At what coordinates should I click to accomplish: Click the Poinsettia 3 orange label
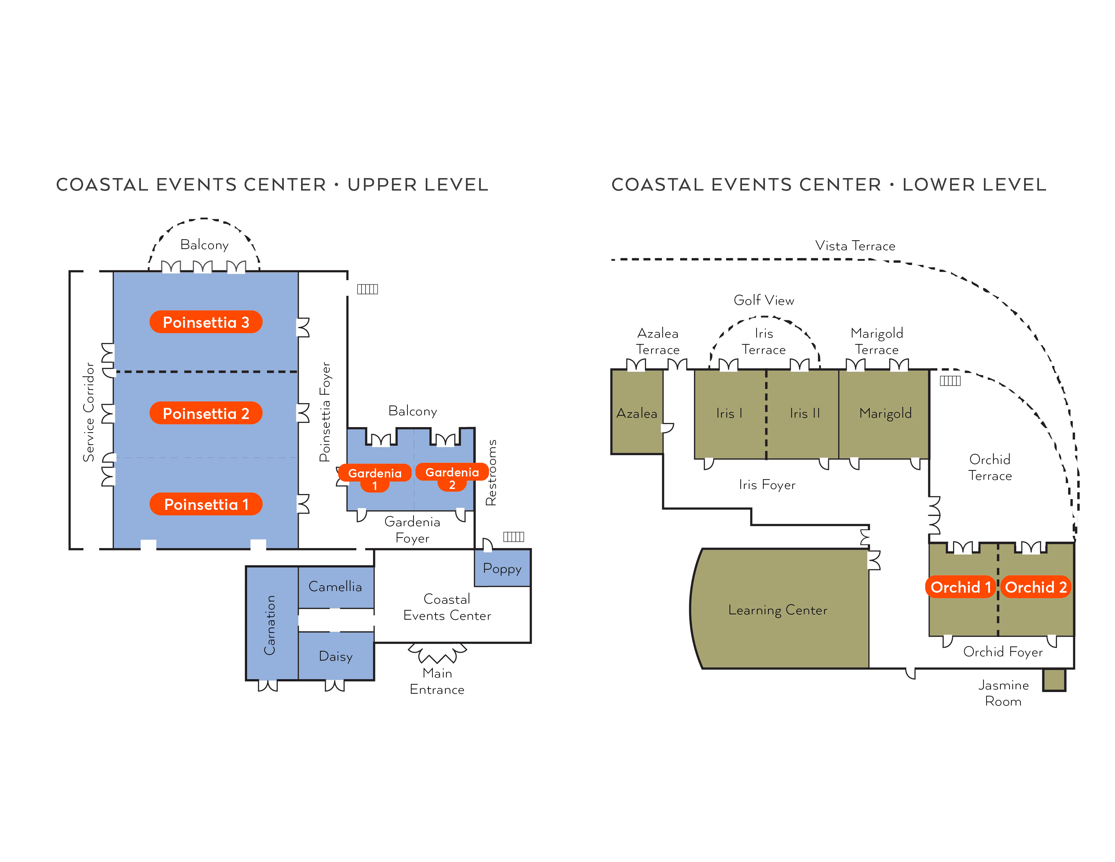206,322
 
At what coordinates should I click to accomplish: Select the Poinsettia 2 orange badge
206,413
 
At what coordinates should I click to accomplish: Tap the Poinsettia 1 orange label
206,504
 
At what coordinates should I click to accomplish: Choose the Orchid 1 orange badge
960,587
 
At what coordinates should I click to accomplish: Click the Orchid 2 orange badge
1035,587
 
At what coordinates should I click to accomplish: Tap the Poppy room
502,568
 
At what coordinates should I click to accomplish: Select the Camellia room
336,587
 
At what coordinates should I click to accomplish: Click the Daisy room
336,656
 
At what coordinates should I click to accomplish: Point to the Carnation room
271,624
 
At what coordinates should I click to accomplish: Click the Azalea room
637,413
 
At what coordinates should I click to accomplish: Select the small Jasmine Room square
1054,680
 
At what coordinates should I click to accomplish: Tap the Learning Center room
777,610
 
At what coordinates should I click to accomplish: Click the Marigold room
885,413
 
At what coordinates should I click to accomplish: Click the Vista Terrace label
855,246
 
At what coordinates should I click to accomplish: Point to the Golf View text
764,300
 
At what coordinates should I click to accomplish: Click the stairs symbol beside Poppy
514,537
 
